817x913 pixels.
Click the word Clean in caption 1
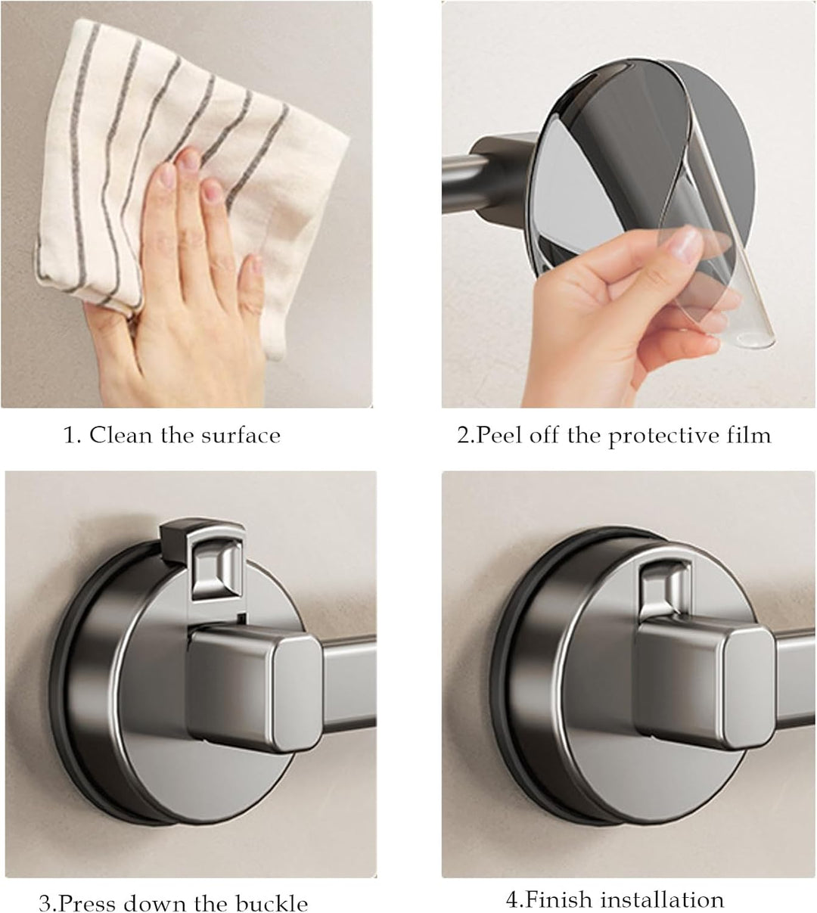120,435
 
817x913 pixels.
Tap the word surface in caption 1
241,436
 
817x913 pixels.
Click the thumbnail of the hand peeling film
629,204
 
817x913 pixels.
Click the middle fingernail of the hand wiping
189,160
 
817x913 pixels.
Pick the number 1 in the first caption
70,435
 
